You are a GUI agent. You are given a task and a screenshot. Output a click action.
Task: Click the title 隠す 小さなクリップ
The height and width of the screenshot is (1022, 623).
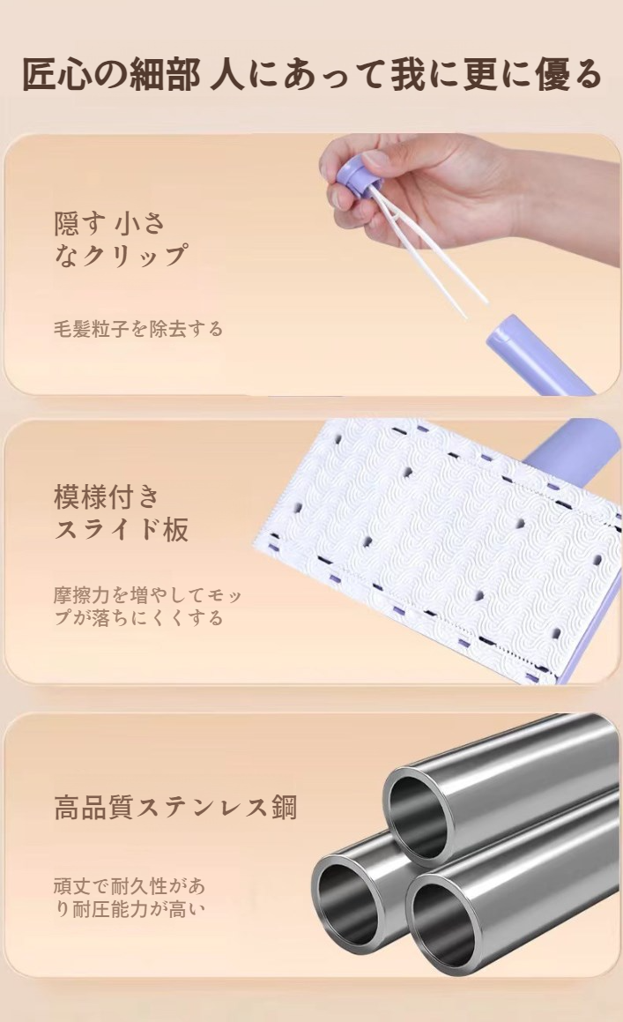coord(120,239)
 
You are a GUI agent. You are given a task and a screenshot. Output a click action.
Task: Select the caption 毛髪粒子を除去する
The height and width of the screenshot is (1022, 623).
coord(138,329)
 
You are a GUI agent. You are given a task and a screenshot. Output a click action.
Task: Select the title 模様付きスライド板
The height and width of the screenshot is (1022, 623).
coord(121,512)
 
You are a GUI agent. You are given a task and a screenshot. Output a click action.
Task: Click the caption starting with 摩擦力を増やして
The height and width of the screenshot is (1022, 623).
coord(147,606)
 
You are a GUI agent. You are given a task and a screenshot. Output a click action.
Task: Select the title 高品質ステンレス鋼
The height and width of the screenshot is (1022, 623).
coord(175,806)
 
